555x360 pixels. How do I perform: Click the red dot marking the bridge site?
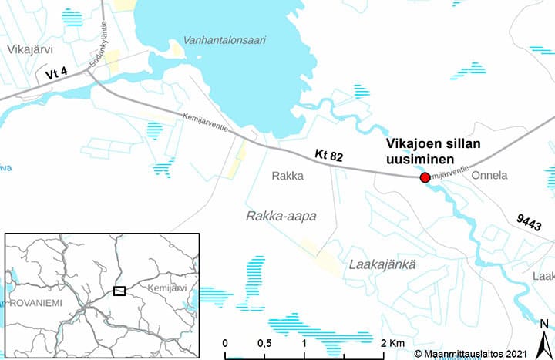point(424,178)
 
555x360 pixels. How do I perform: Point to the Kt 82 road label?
point(328,156)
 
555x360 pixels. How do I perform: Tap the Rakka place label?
point(288,176)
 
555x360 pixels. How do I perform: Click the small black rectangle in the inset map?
point(119,291)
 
